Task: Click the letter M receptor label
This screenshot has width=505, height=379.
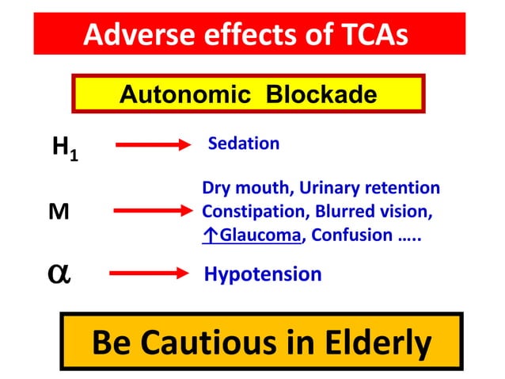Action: [59, 212]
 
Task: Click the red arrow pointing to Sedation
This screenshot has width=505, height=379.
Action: [154, 145]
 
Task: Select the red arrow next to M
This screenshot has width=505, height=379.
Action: [153, 211]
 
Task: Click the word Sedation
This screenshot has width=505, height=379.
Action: [243, 144]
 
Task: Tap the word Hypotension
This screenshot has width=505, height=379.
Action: [263, 274]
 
